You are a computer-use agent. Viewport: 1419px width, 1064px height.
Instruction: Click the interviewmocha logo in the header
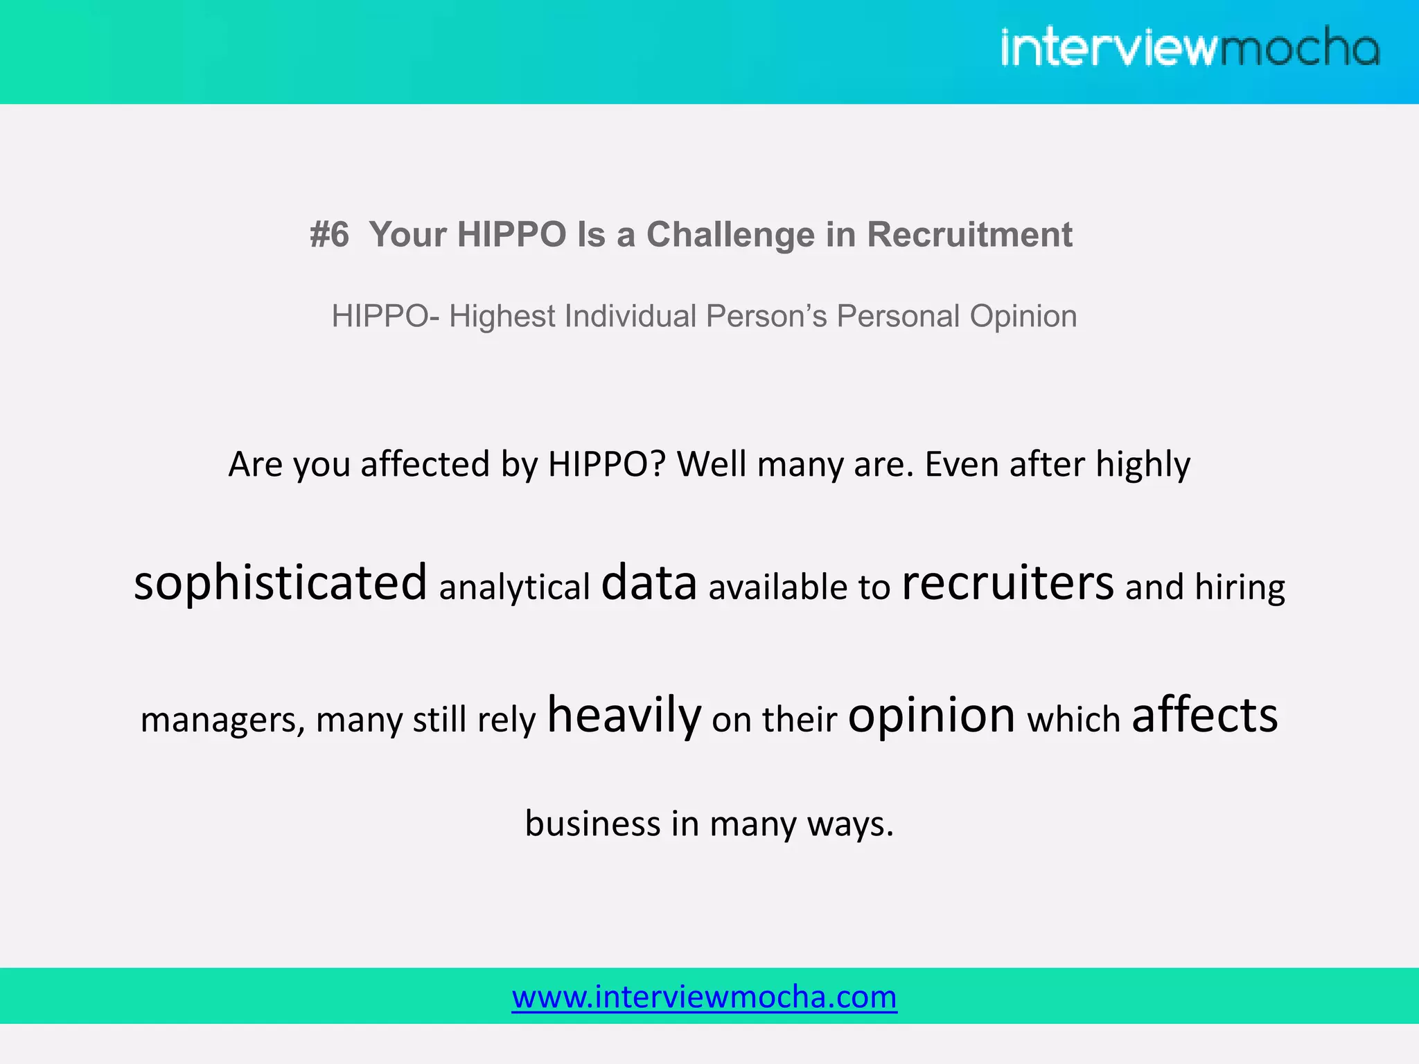click(1190, 47)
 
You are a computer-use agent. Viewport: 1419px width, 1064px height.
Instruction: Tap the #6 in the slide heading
click(329, 234)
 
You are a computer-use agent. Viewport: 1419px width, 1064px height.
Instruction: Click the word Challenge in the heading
click(730, 234)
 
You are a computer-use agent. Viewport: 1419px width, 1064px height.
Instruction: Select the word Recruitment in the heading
click(969, 234)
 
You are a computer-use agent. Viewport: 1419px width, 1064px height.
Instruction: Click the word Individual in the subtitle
click(631, 317)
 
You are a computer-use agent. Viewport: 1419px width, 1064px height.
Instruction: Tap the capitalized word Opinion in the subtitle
click(1023, 317)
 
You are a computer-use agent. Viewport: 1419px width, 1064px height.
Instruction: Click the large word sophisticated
click(281, 583)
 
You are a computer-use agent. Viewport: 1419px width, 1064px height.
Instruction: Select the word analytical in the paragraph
click(514, 587)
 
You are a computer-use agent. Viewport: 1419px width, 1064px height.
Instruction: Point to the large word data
click(649, 583)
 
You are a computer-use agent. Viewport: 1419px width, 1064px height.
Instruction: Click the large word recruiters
click(1007, 583)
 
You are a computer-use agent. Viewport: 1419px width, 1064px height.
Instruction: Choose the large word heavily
click(624, 716)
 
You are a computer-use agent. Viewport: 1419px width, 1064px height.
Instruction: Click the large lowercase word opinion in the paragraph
click(931, 716)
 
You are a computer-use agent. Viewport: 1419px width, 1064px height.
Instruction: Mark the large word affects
click(1204, 716)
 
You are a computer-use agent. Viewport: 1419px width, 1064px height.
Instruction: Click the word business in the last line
click(592, 824)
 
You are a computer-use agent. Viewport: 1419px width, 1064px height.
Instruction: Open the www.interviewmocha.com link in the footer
click(704, 997)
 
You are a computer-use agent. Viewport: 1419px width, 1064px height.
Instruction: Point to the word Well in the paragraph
click(712, 464)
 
